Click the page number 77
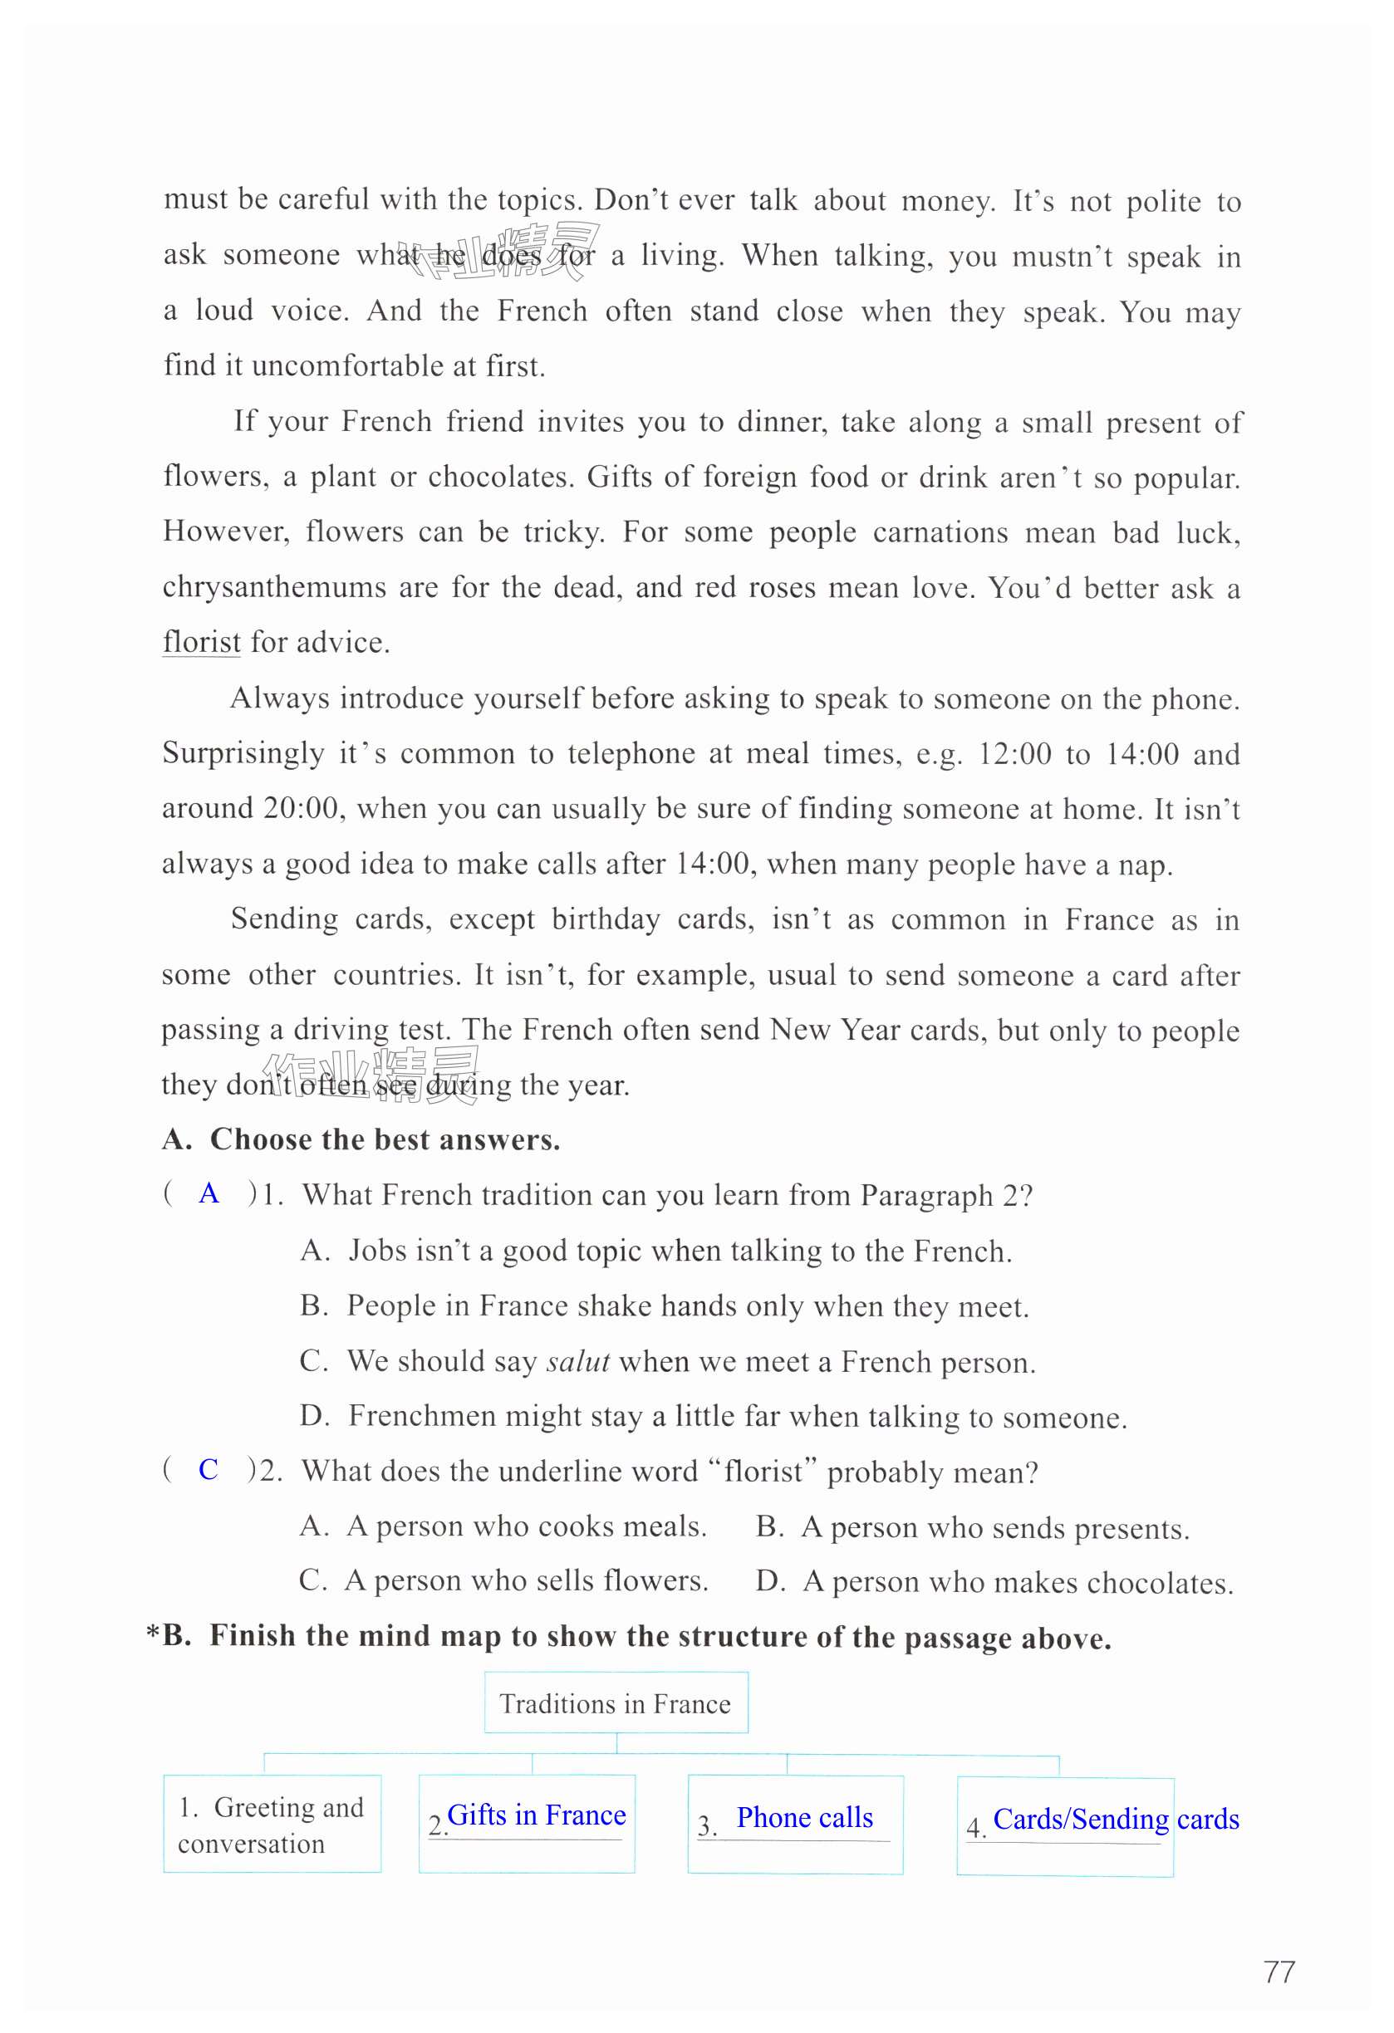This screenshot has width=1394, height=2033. coord(1279,1972)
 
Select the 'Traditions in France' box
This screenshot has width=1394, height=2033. coord(616,1703)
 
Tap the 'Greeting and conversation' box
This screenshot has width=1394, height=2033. coord(272,1824)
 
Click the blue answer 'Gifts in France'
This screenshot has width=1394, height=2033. coord(537,1815)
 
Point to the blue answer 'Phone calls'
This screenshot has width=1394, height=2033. coord(804,1818)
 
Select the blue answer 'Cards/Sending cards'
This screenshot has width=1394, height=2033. coord(1116,1820)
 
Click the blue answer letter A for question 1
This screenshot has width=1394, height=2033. coord(209,1193)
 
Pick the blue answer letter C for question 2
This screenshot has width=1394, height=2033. coord(209,1469)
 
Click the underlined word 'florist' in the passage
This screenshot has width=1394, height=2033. coord(201,642)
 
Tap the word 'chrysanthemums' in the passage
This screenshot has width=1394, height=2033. coord(274,587)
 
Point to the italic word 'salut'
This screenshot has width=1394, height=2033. coord(577,1361)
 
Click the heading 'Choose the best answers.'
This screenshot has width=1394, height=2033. coord(385,1139)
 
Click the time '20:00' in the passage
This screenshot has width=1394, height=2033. coord(300,807)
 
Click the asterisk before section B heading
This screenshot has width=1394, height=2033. coord(153,1634)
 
